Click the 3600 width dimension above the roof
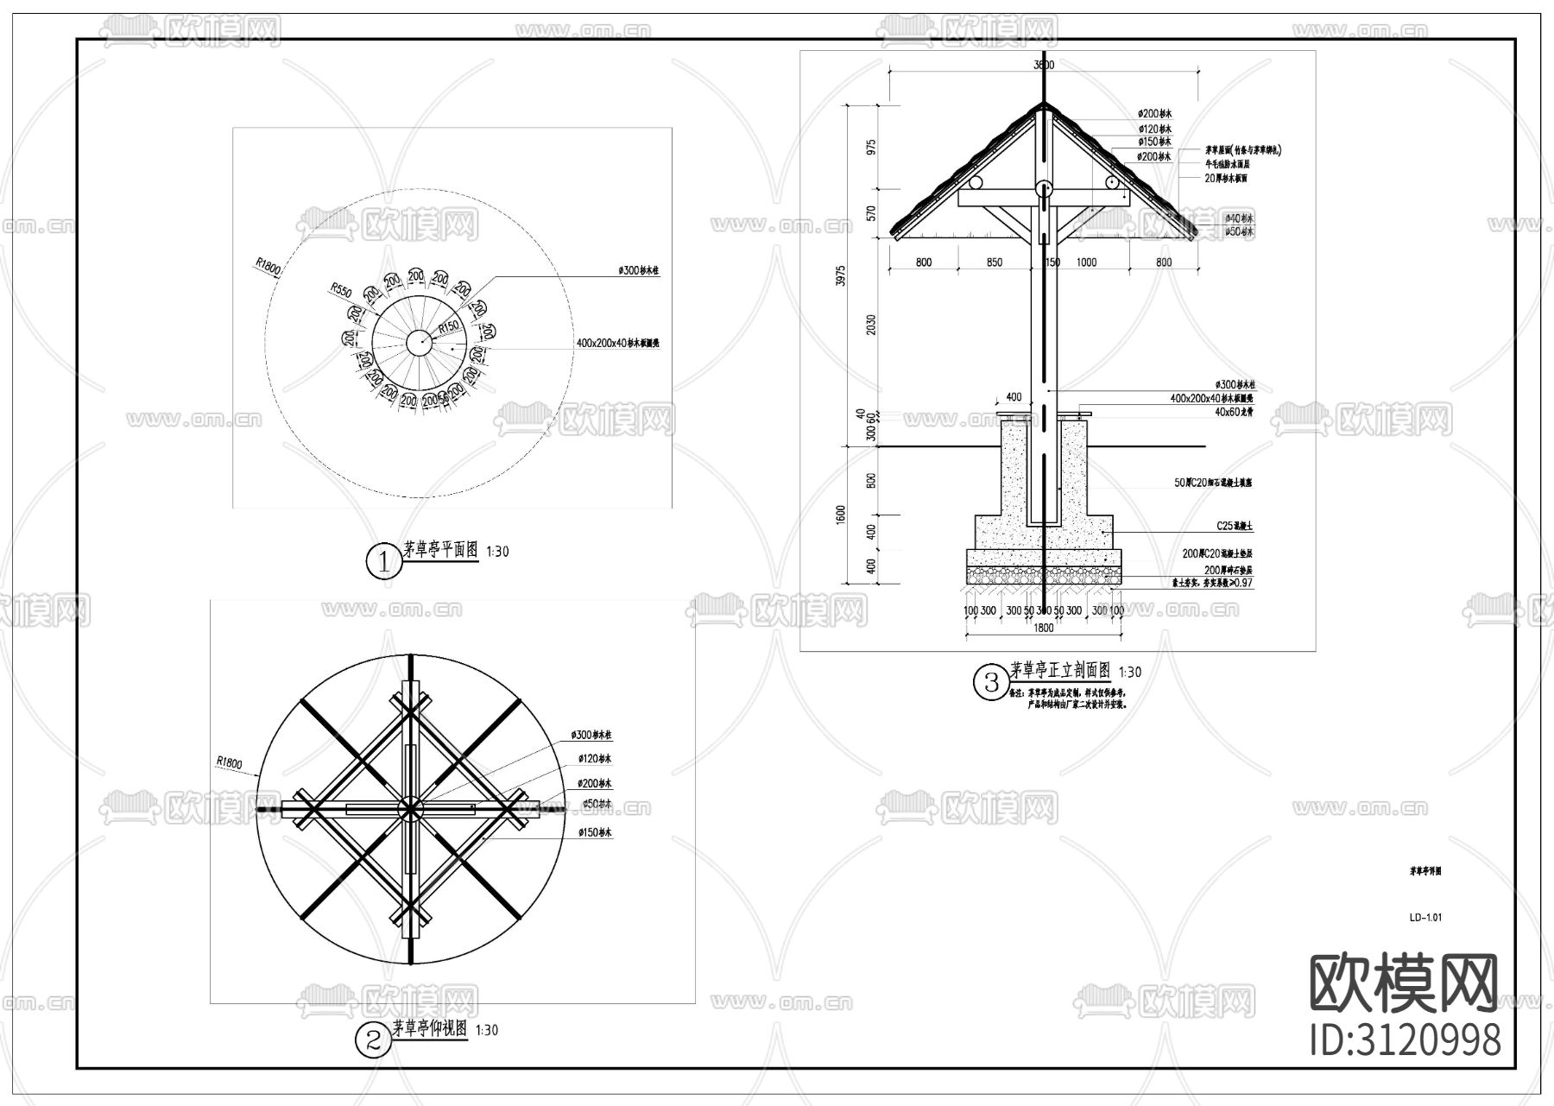1044,65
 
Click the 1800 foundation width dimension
1044,628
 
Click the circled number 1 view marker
383,562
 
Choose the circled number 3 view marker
990,682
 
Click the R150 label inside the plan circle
448,328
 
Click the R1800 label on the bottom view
230,762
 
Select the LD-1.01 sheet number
1424,918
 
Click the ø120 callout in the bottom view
595,759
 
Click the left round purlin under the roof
976,183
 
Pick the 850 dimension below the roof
994,262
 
